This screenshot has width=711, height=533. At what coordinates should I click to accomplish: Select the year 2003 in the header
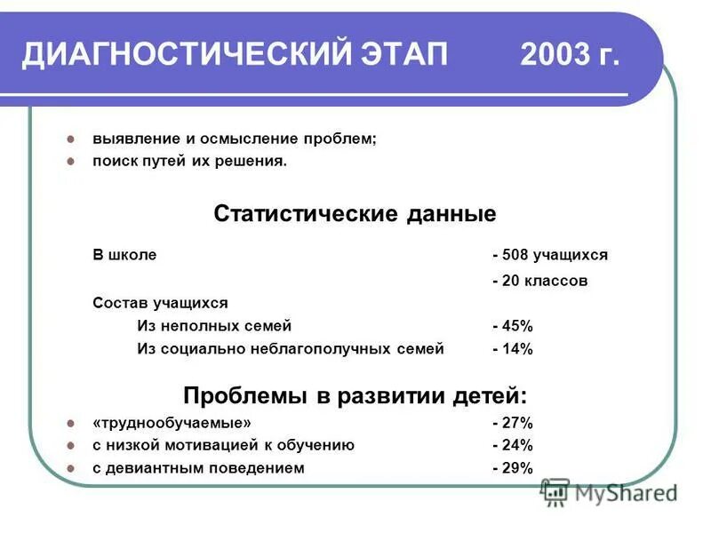(554, 56)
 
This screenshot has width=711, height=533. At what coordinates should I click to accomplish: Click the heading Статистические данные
(355, 214)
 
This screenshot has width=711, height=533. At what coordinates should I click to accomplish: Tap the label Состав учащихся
(160, 303)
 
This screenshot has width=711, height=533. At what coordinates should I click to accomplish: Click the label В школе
(124, 255)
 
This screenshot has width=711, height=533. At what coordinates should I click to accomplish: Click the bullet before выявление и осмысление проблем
(72, 140)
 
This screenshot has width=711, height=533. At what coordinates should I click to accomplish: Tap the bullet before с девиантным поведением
(72, 469)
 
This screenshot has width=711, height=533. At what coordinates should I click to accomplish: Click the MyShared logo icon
(555, 491)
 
